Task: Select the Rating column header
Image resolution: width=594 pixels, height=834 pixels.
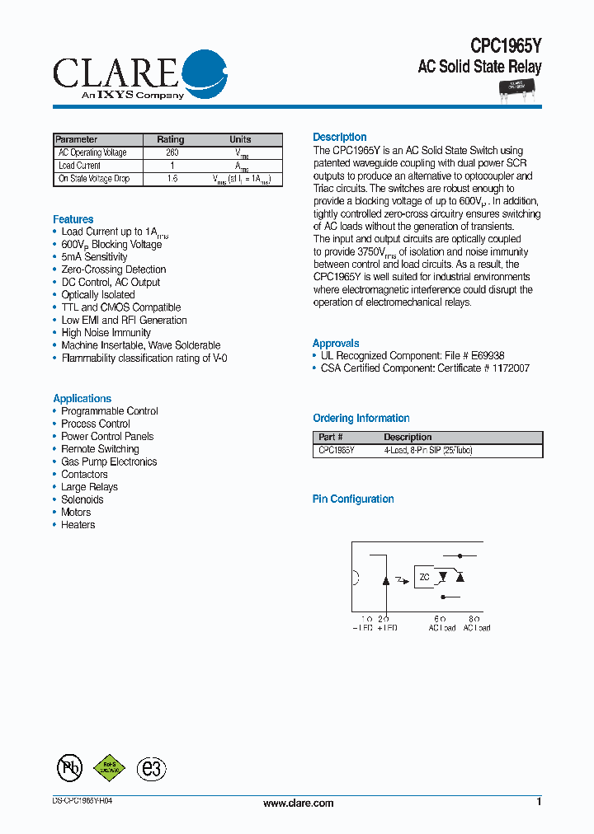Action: tap(171, 139)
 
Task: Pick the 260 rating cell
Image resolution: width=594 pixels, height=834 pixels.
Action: tap(172, 152)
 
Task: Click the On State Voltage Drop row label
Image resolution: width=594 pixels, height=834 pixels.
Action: tap(93, 179)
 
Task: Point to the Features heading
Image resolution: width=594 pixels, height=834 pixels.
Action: tap(73, 219)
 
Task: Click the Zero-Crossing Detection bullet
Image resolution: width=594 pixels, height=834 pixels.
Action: tap(114, 269)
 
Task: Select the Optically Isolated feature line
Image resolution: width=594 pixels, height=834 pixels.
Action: tap(98, 295)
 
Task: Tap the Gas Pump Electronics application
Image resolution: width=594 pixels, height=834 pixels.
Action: tap(109, 462)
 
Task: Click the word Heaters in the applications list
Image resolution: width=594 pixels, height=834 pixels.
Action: tap(78, 525)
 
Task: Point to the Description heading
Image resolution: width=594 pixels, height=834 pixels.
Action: tap(340, 137)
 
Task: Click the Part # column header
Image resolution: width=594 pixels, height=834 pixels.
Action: tap(331, 438)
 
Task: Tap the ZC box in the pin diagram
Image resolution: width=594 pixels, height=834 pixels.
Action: tap(424, 578)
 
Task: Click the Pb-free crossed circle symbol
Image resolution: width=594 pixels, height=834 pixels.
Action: tap(69, 768)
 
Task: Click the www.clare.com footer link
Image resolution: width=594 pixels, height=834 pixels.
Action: tap(298, 803)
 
